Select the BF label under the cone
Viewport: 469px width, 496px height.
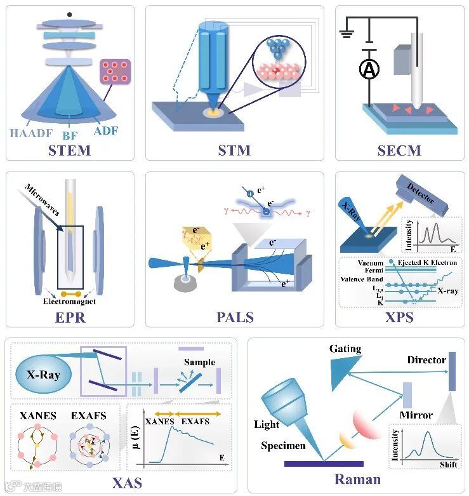pos(69,135)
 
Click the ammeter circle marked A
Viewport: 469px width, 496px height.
pos(369,71)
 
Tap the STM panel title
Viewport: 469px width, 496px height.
pos(234,151)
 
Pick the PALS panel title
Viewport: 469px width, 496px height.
pos(234,316)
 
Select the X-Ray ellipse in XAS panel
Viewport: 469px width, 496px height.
pos(43,375)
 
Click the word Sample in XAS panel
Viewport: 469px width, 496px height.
pos(199,363)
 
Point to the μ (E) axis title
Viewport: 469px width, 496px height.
pos(135,438)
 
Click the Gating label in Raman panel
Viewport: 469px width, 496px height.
pos(345,349)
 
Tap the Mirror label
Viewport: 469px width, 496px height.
pos(416,415)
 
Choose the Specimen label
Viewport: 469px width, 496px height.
pos(283,446)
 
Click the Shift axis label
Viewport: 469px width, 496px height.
pos(448,464)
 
